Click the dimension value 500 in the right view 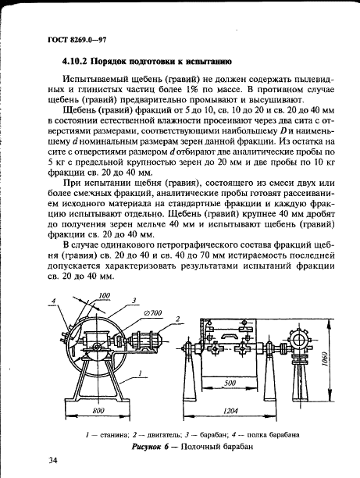click(229, 384)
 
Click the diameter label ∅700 click(152, 313)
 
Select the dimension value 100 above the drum click(104, 294)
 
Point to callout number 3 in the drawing click(134, 301)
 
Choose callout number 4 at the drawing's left click(55, 300)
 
